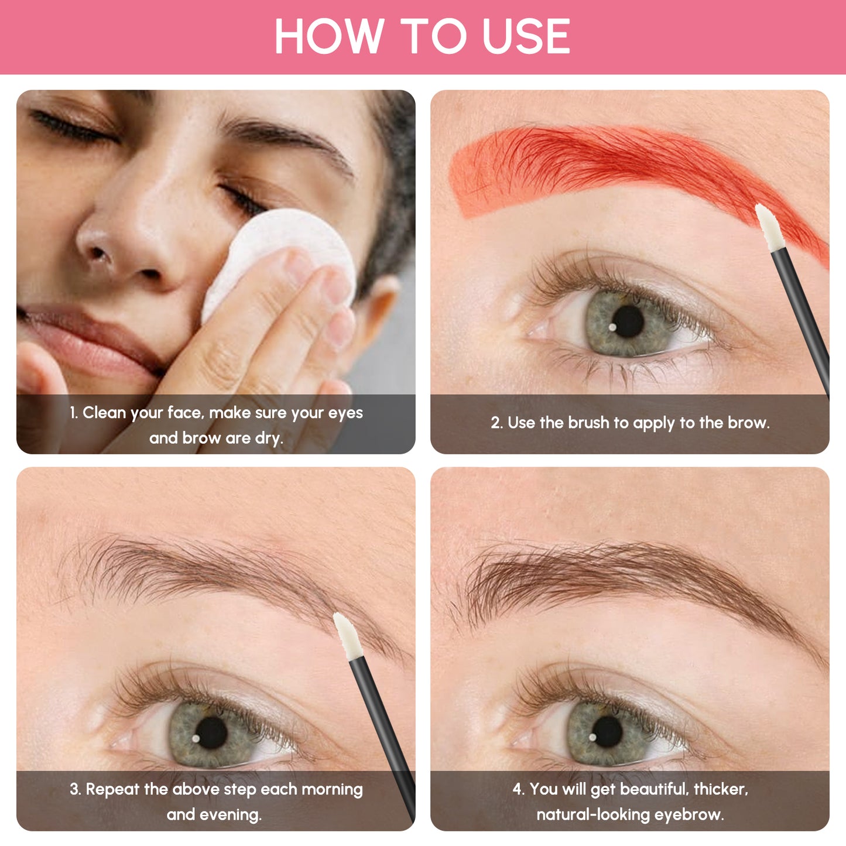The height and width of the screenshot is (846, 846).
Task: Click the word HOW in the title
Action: (328, 36)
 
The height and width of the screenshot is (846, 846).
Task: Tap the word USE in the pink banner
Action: (525, 36)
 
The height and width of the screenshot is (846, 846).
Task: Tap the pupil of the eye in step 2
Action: (628, 321)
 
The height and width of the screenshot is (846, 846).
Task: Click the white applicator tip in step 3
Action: (348, 635)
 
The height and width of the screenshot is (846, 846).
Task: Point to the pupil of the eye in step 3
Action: (211, 732)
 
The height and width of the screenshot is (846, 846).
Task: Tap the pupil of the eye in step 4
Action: (607, 731)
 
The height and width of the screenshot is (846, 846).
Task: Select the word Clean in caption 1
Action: (104, 413)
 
